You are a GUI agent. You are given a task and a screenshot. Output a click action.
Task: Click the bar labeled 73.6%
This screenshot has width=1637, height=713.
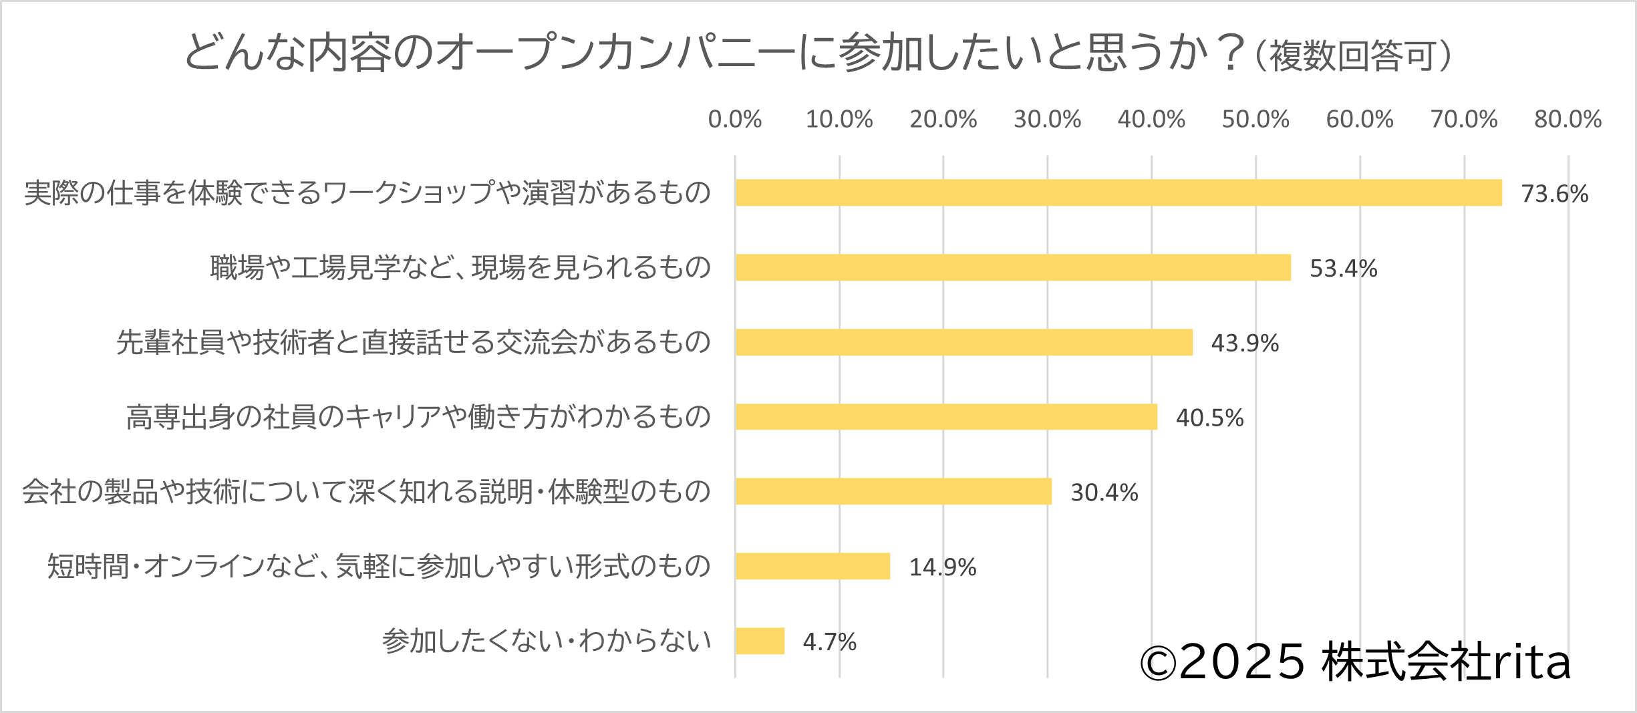tap(1118, 192)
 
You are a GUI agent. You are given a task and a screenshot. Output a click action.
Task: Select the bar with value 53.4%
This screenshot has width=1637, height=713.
tap(1012, 267)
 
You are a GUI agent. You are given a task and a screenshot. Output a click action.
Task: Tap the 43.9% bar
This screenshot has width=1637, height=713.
tap(963, 342)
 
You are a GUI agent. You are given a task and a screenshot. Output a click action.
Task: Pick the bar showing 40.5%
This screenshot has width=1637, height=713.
tap(945, 417)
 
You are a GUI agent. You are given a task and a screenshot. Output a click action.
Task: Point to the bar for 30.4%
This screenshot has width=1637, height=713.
tap(893, 491)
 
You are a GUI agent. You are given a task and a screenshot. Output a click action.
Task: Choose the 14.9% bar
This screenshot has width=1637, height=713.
tap(812, 566)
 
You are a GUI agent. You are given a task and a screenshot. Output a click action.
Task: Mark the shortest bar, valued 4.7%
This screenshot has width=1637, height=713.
tap(760, 641)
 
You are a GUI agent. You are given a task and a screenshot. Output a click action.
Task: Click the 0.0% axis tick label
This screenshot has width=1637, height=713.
tap(735, 120)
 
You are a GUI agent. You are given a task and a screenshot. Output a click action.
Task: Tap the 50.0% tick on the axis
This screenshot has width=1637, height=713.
tap(1255, 120)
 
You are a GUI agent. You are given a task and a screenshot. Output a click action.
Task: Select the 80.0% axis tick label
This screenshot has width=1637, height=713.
tap(1568, 120)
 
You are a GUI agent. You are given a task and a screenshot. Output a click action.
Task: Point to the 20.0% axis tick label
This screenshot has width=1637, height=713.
tap(943, 120)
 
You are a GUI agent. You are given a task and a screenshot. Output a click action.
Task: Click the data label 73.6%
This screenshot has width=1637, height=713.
tap(1554, 194)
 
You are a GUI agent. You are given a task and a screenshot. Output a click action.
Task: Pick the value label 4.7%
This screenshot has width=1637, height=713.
tap(829, 642)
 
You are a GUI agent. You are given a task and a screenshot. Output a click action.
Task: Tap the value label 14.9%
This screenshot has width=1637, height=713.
tap(942, 567)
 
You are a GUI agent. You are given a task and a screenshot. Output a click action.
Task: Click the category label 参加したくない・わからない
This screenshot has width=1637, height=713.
tap(547, 641)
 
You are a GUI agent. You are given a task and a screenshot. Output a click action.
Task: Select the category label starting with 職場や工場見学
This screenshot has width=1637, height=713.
tap(460, 267)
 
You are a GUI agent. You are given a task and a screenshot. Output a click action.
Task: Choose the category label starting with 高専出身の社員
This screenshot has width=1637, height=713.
tap(418, 417)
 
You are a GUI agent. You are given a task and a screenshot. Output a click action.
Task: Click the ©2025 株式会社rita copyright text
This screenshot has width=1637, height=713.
tap(1355, 662)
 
